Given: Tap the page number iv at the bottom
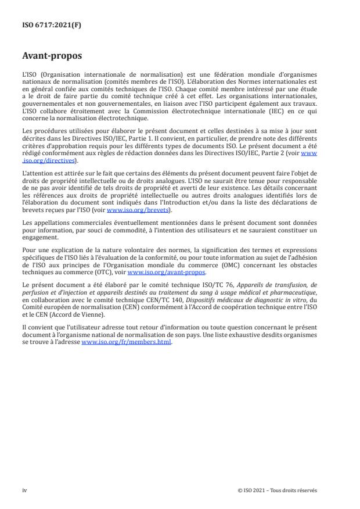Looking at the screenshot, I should [x=24, y=490].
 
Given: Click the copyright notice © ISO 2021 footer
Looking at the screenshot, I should [x=278, y=490].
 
